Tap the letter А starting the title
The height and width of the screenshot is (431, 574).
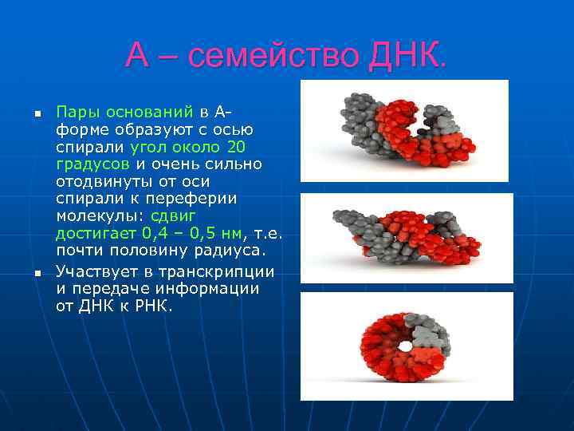(x=137, y=56)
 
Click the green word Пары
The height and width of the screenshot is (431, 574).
(x=75, y=111)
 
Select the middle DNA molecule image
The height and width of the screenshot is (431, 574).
(x=407, y=238)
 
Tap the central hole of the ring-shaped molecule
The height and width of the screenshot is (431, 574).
(x=406, y=346)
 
